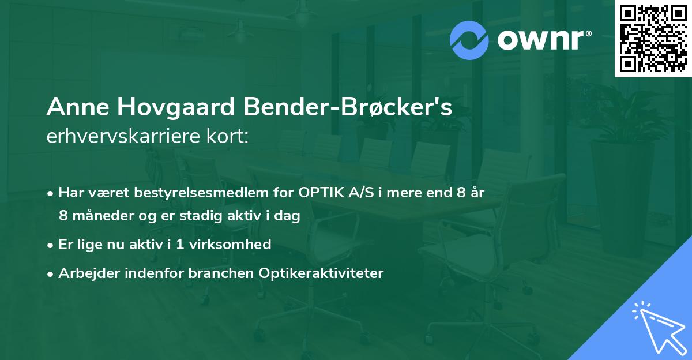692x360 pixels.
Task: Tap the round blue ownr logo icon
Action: coord(469,40)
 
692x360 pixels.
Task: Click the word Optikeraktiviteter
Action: coord(326,273)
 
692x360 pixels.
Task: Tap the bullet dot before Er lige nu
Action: coord(51,245)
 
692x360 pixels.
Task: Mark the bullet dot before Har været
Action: coord(51,193)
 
